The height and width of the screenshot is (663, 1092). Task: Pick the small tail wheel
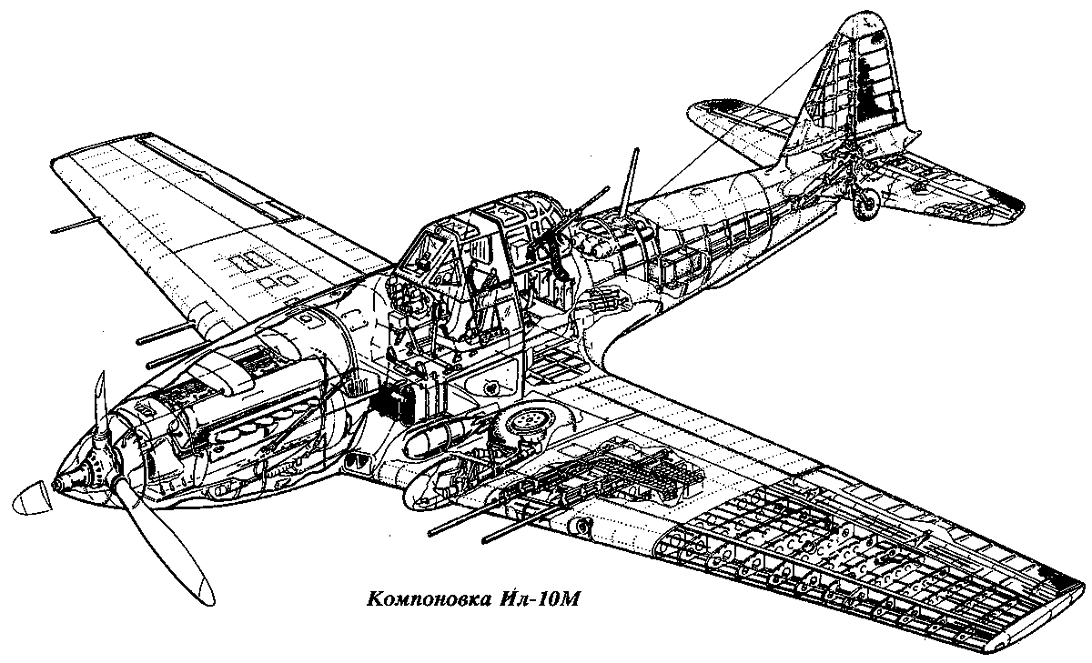865,204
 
